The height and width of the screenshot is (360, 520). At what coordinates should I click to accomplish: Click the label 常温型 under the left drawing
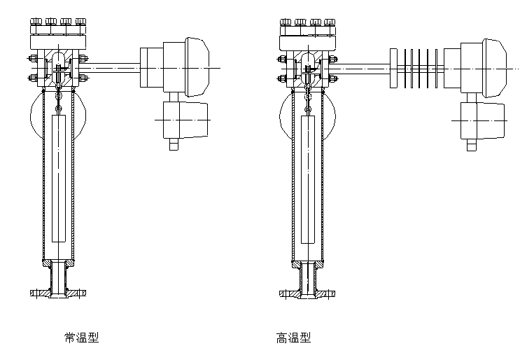click(81, 338)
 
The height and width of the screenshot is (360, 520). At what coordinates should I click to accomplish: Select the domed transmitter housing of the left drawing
click(188, 67)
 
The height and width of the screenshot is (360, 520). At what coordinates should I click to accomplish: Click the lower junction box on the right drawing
click(483, 120)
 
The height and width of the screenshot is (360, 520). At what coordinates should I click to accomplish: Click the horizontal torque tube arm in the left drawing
click(112, 67)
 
